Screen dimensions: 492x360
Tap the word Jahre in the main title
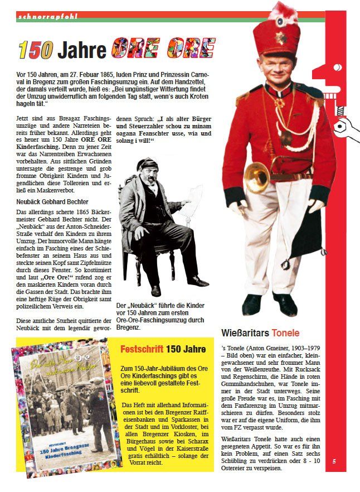82,50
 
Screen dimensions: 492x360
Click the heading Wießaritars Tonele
260,333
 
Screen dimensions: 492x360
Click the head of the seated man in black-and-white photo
149,169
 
